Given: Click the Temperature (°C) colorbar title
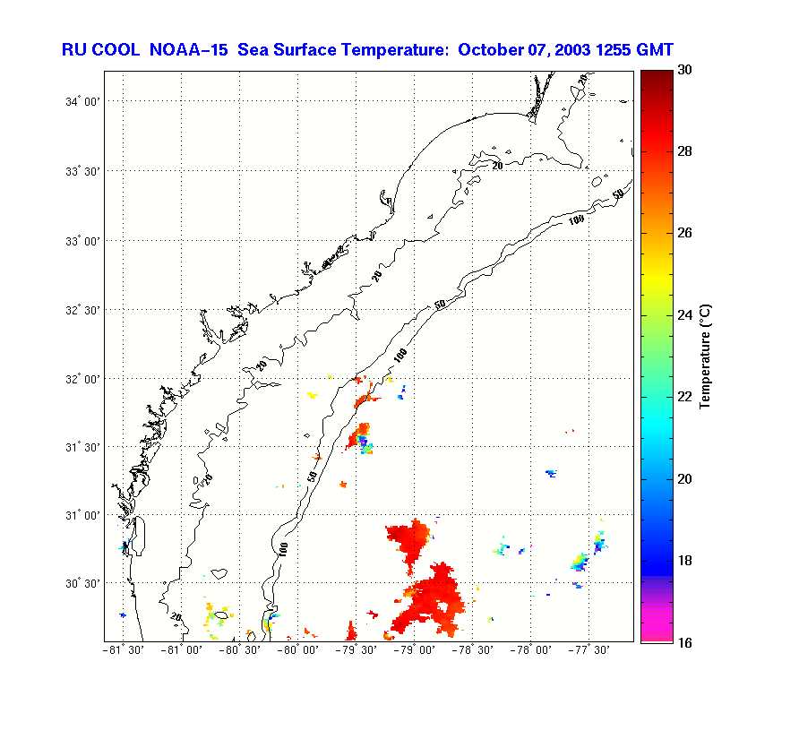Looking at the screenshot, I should click(705, 356).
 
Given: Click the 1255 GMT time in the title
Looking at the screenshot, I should click(631, 49).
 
